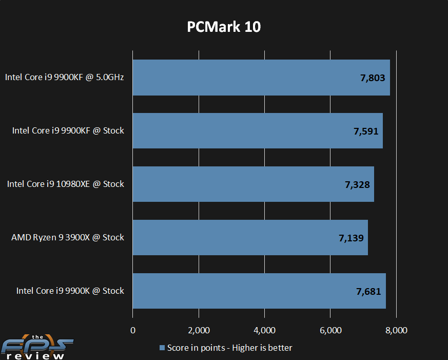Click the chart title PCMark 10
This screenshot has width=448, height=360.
click(224, 27)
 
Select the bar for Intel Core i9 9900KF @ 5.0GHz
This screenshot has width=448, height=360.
click(246, 78)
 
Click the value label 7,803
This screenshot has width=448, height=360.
click(373, 78)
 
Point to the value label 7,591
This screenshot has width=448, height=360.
click(366, 131)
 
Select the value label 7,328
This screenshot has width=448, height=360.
click(357, 184)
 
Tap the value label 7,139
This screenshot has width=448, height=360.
click(351, 238)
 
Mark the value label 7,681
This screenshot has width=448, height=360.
click(368, 291)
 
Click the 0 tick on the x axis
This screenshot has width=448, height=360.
click(133, 330)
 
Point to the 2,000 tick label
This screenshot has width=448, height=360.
click(199, 330)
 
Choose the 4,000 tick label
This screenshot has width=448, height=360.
click(264, 330)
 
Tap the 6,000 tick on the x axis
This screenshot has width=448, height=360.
click(330, 330)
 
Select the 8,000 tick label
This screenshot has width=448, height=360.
click(396, 330)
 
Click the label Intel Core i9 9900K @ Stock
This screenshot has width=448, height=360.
click(70, 291)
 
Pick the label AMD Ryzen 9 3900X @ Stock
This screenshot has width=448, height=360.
click(68, 237)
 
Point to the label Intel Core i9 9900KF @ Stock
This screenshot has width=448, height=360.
click(68, 130)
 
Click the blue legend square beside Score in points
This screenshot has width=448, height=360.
click(162, 348)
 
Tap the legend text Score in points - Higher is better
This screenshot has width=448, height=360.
click(229, 348)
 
